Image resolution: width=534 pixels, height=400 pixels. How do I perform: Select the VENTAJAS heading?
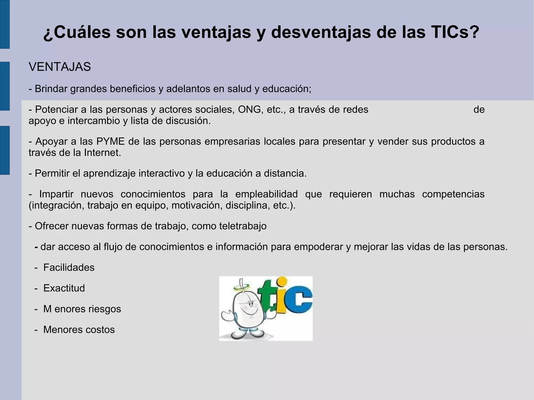click(x=60, y=67)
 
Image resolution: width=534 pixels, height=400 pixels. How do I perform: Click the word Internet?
click(x=102, y=153)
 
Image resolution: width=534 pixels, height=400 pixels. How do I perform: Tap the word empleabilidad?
click(x=266, y=194)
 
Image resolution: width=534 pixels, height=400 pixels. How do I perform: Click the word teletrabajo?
click(x=243, y=226)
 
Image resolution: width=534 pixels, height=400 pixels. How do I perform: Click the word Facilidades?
click(x=69, y=268)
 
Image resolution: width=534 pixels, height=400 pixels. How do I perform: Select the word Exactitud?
click(x=64, y=288)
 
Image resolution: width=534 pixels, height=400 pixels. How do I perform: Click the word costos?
click(x=100, y=330)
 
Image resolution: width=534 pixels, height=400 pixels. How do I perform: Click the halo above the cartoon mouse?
click(x=241, y=287)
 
